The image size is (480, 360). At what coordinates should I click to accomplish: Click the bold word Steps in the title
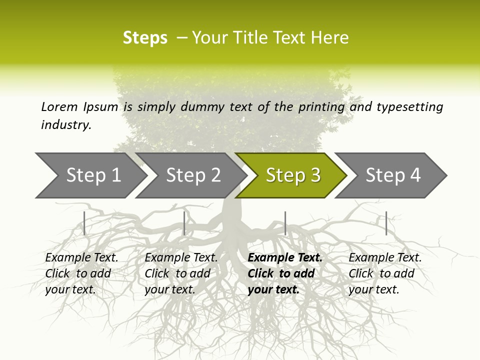[145, 38]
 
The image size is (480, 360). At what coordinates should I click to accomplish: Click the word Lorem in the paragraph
[59, 106]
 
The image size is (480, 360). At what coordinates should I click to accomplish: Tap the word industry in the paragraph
[65, 124]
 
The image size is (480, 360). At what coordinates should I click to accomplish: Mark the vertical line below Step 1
[84, 223]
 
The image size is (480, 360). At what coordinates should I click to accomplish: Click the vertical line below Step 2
[184, 223]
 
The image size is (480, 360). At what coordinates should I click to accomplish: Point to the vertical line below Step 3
[285, 223]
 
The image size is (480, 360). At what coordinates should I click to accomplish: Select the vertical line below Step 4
[386, 223]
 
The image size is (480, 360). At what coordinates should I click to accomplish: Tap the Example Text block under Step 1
[81, 273]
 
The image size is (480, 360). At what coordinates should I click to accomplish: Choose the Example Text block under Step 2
[181, 273]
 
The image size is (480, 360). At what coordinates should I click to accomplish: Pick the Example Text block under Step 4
[385, 273]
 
